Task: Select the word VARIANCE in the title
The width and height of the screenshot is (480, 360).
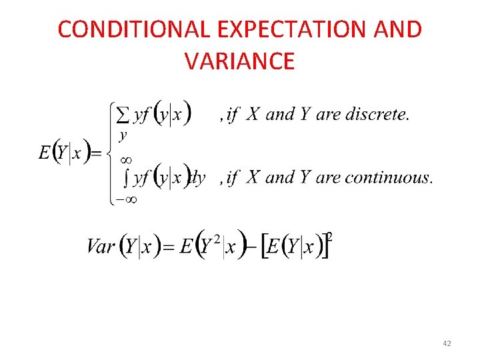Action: pos(240,61)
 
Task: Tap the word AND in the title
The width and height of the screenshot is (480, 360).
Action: pos(397,30)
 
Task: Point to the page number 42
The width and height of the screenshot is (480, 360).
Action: pos(447,343)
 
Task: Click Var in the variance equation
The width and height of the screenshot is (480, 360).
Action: pos(101,247)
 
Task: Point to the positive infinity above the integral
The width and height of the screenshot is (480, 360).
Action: pos(125,160)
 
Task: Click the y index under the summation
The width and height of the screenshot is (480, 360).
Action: pos(123,135)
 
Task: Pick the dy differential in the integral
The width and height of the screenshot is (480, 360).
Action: pos(198,178)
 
